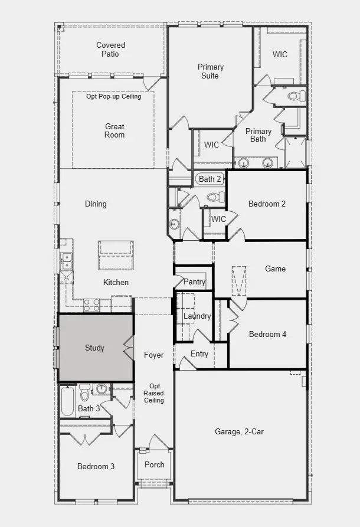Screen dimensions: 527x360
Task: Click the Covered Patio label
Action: (110, 50)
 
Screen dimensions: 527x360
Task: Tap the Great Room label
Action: (114, 130)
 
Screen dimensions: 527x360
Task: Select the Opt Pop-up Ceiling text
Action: (114, 96)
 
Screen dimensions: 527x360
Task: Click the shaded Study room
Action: (95, 348)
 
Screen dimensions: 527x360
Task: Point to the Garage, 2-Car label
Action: (239, 432)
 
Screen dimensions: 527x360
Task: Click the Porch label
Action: (155, 464)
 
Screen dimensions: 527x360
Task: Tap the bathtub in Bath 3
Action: (67, 401)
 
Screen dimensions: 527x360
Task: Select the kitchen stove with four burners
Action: (91, 305)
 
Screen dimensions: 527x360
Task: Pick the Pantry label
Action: (194, 282)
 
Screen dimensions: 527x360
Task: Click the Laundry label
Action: (197, 316)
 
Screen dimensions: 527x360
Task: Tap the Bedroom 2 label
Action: (267, 204)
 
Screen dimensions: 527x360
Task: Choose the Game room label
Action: (275, 269)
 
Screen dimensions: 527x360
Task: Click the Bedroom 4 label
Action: (267, 335)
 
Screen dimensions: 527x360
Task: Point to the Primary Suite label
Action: (211, 71)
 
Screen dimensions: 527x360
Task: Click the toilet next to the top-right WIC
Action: (293, 96)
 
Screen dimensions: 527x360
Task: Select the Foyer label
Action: (154, 355)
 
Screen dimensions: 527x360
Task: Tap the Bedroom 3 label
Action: (96, 467)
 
